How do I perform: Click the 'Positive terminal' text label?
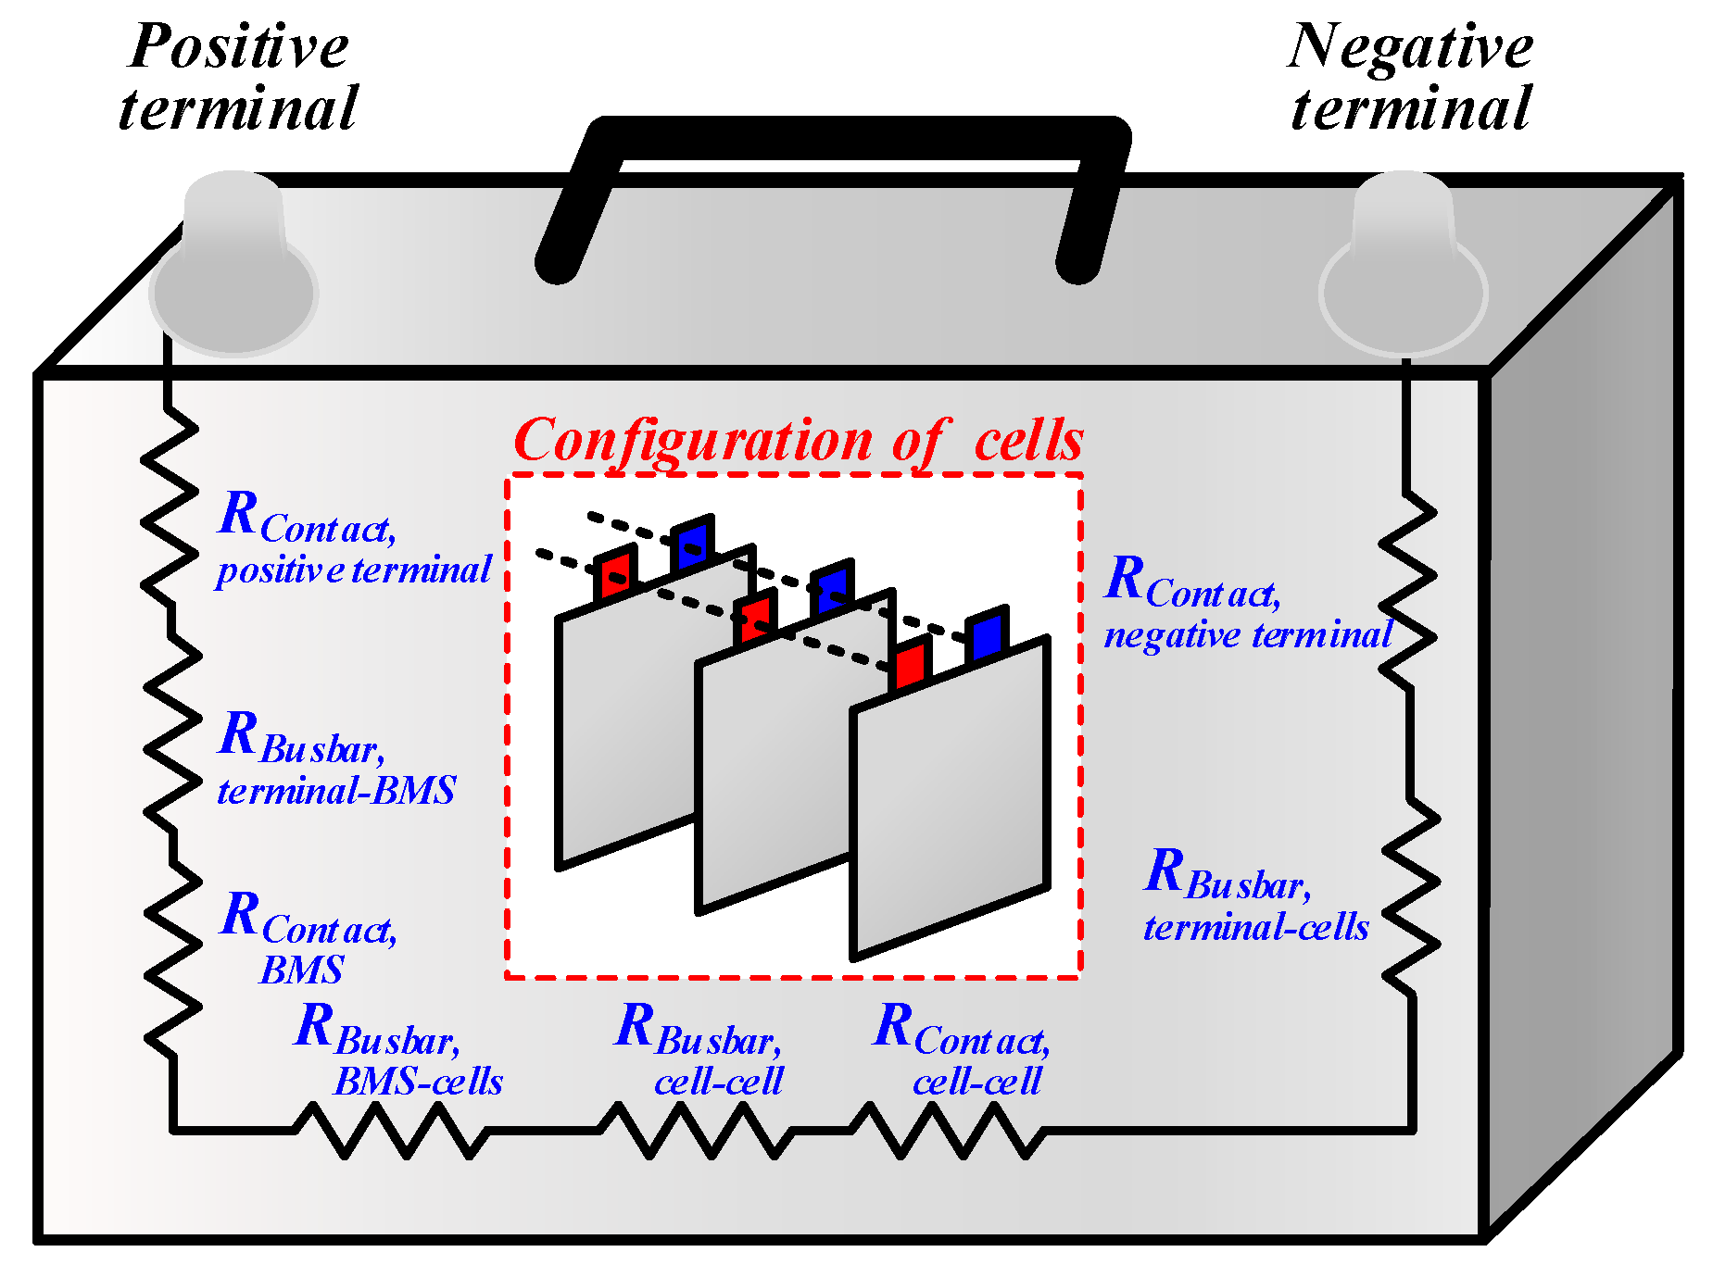coord(238,77)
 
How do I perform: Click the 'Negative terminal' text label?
coord(1410,77)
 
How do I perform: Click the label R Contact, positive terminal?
coord(352,540)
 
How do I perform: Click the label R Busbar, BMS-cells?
coord(398,1050)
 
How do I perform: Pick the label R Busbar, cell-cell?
coord(699,1050)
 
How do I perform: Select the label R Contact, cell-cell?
coord(962,1050)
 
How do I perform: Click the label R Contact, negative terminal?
coord(1247,604)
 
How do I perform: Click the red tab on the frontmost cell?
coord(910,664)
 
